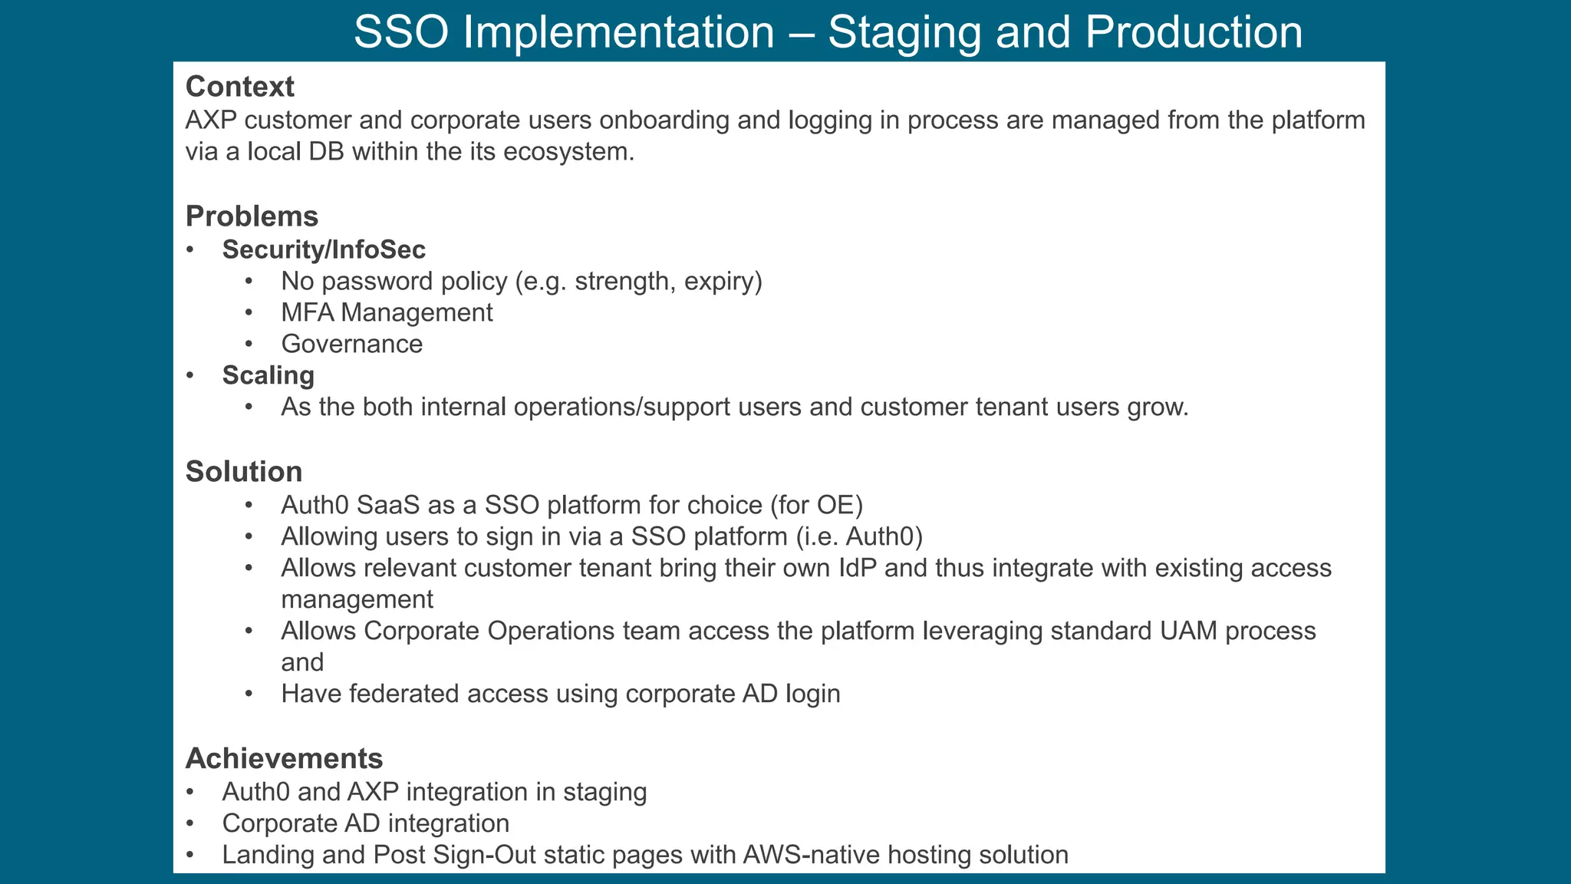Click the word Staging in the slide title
pos(904,33)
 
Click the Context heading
pos(239,87)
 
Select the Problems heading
pos(252,216)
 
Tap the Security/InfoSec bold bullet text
pos(324,249)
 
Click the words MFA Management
pos(387,312)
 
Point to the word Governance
pos(351,344)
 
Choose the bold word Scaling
pos(268,375)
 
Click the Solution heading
pos(243,471)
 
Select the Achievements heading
pos(284,758)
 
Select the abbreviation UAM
pos(1188,631)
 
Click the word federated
pos(404,694)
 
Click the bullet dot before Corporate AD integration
pos(190,823)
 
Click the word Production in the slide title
pos(1193,33)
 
